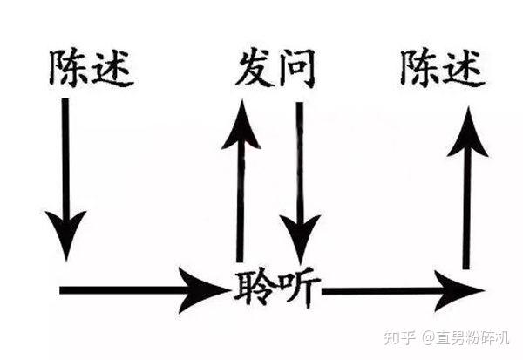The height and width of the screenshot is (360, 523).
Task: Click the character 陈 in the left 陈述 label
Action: (69, 69)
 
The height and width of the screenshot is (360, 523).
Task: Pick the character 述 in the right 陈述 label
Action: (464, 68)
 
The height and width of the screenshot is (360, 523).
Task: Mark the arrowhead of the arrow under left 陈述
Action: (66, 231)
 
